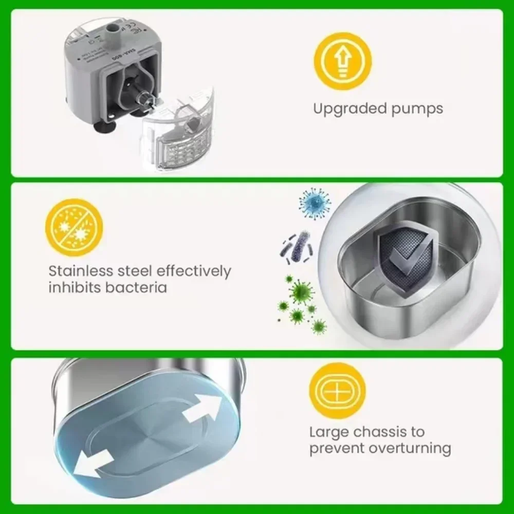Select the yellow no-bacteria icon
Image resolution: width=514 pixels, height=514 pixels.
[x=74, y=227]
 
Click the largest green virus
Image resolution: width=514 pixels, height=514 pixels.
[x=301, y=291]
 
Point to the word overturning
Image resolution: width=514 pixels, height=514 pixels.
[x=409, y=448]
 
